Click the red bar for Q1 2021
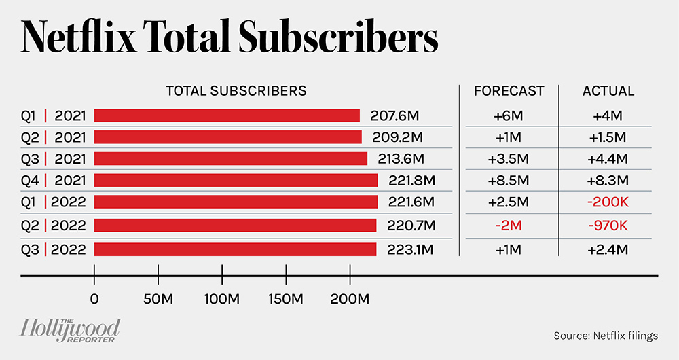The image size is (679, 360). [227, 115]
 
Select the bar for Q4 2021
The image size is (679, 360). [236, 180]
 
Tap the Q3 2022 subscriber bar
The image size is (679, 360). [235, 249]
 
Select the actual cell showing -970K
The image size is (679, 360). [608, 225]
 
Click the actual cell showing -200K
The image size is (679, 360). [608, 202]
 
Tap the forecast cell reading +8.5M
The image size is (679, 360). [507, 181]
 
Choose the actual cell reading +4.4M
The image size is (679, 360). [608, 159]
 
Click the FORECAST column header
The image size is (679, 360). [509, 91]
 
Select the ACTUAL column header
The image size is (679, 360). [608, 91]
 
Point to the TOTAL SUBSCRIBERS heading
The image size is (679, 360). [236, 91]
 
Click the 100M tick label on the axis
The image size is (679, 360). [222, 300]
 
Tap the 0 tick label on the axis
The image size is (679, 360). [94, 300]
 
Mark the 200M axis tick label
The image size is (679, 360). [349, 300]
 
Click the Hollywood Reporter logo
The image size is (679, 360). [70, 329]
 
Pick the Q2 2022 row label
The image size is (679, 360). [53, 225]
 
